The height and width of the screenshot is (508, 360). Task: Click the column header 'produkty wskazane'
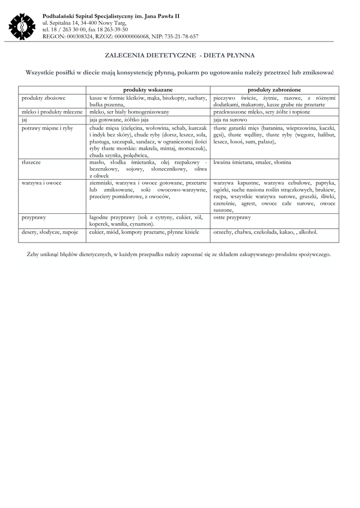click(x=148, y=90)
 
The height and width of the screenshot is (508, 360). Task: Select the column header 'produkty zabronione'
click(x=274, y=90)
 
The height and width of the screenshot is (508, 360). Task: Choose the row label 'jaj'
click(x=24, y=120)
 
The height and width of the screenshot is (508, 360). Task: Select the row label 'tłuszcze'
click(x=31, y=162)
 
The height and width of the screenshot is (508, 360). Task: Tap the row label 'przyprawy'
click(x=33, y=217)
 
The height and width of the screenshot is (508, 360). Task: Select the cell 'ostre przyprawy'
click(x=232, y=217)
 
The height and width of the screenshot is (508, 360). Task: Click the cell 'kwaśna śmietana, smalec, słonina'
click(x=252, y=162)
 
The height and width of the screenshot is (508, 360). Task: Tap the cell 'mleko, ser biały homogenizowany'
click(x=129, y=112)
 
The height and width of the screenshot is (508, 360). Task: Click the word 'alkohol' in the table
click(x=306, y=232)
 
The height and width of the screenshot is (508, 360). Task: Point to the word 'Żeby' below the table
click(x=33, y=254)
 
